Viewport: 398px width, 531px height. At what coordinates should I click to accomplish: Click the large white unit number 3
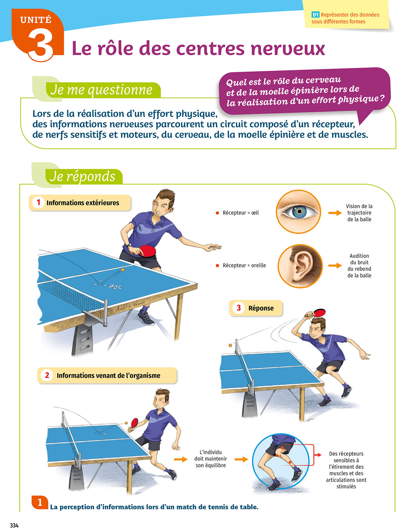click(41, 46)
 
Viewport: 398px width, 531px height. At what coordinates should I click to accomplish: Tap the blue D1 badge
click(315, 15)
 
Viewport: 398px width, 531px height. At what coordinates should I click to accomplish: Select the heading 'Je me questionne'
click(101, 90)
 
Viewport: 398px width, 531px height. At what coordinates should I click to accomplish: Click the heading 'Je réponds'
click(82, 176)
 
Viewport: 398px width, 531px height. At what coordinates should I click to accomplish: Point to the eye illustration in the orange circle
click(299, 212)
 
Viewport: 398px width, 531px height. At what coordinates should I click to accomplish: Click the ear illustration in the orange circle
click(300, 266)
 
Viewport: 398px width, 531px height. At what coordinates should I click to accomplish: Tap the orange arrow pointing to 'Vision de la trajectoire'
click(335, 213)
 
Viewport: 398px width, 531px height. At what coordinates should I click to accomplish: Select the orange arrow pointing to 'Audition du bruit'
click(335, 265)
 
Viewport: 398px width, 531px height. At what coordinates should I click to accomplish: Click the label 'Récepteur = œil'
click(241, 213)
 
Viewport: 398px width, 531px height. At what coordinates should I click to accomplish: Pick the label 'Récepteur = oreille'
click(244, 265)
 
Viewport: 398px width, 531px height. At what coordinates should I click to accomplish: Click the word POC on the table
click(115, 287)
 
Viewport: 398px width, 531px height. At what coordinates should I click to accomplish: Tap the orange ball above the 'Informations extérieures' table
click(123, 269)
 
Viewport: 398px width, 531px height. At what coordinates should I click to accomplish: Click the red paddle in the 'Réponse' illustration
click(318, 312)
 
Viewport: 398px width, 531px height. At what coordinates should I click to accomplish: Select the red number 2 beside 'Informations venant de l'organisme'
click(47, 375)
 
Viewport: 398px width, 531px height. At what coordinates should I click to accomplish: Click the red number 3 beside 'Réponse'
click(239, 308)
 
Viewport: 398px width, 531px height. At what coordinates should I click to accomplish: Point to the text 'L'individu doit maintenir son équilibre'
click(211, 459)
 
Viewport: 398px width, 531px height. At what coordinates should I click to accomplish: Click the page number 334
click(14, 525)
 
